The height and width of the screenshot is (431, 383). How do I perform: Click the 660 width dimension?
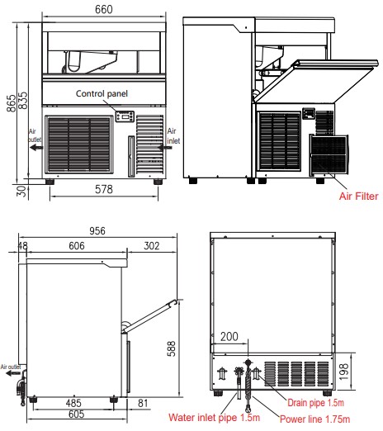[104, 10]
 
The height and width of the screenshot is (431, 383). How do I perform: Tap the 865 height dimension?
[12, 103]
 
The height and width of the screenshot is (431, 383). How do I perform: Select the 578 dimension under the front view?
[104, 189]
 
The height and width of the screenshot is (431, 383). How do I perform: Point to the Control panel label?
[102, 93]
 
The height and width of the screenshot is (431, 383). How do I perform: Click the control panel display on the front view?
[125, 116]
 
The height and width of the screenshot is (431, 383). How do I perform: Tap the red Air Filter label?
[359, 197]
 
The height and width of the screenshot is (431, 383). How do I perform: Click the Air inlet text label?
[173, 136]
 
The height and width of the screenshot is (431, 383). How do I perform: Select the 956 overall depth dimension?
[97, 230]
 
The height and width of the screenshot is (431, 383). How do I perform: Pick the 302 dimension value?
[152, 246]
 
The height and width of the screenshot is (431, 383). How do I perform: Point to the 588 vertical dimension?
[171, 348]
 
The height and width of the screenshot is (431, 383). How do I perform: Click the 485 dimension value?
[73, 403]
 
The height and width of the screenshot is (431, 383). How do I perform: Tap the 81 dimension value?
[143, 403]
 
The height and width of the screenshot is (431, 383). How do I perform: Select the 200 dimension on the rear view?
[229, 337]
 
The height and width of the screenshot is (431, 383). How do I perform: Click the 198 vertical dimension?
[344, 372]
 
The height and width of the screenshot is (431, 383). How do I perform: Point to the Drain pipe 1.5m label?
[315, 403]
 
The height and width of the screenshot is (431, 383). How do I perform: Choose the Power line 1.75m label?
[315, 419]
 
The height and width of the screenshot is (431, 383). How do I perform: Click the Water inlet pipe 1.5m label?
[215, 418]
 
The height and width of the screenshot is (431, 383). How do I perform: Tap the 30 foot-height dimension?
[21, 191]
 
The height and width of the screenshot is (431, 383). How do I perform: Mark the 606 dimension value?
[77, 246]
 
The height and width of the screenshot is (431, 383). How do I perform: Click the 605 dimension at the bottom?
[76, 414]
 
